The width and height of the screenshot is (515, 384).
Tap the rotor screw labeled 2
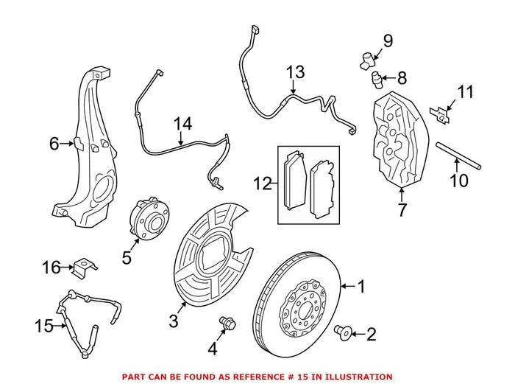click(x=342, y=332)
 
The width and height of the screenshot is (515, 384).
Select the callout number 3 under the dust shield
click(x=174, y=321)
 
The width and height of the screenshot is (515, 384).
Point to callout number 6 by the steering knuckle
click(x=54, y=144)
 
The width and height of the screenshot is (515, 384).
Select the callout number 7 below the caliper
click(x=402, y=212)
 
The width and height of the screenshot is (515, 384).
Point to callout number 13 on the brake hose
click(x=294, y=72)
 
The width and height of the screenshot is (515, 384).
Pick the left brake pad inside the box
click(x=296, y=182)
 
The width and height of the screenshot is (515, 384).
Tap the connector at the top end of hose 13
click(x=255, y=32)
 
